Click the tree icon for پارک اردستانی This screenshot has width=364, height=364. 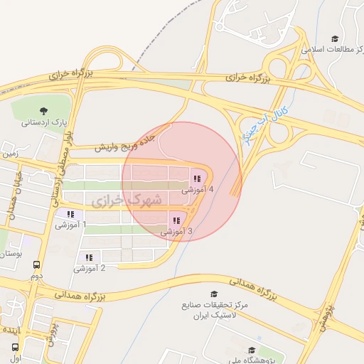pyautogui.click(x=43, y=110)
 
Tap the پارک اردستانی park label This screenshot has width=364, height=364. pyautogui.click(x=43, y=122)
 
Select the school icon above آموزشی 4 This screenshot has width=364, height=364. pyautogui.click(x=196, y=178)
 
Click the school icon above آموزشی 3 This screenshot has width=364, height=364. pyautogui.click(x=176, y=220)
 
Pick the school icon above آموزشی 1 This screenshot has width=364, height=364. pyautogui.click(x=70, y=214)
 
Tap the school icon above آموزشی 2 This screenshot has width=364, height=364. pyautogui.click(x=89, y=257)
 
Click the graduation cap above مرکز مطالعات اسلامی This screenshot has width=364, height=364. pyautogui.click(x=335, y=39)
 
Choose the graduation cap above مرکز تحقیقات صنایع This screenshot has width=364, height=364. pyautogui.click(x=214, y=294)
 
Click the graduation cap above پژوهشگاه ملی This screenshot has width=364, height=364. pyautogui.click(x=252, y=350)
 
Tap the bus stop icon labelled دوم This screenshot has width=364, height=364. pyautogui.click(x=36, y=264)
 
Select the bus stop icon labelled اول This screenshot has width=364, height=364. pyautogui.click(x=15, y=347)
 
